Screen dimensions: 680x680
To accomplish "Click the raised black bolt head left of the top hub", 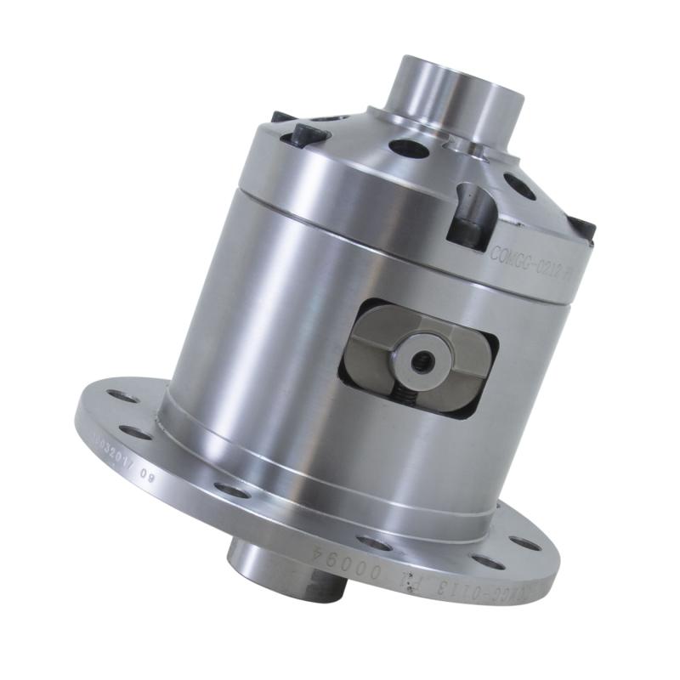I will tap(305, 134).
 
